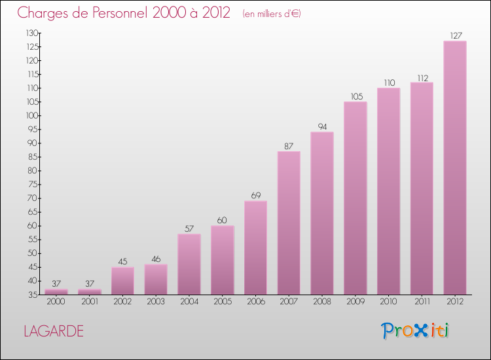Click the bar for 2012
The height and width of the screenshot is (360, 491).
(x=455, y=168)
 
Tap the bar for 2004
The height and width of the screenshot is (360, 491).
(x=189, y=264)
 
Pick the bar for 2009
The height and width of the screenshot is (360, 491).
(x=355, y=198)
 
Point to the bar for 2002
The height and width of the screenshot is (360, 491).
(x=122, y=280)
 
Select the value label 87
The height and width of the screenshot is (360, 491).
(x=289, y=146)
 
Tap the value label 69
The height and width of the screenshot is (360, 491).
(x=255, y=195)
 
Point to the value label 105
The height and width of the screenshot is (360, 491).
(x=355, y=96)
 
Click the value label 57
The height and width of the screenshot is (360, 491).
(x=189, y=228)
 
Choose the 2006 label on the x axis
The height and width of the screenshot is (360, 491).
(x=255, y=302)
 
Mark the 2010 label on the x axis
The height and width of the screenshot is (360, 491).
(x=388, y=302)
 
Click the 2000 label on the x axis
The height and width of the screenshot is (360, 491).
(x=56, y=302)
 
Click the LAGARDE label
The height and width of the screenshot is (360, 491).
(x=53, y=331)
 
